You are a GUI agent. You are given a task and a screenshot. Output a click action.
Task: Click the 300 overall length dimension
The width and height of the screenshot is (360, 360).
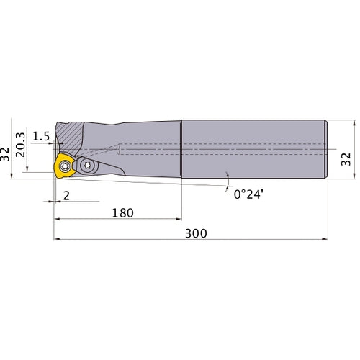196,233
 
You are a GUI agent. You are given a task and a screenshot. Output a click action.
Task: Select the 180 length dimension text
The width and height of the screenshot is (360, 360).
122,213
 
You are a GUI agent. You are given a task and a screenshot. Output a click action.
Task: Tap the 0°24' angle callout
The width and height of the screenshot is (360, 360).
248,194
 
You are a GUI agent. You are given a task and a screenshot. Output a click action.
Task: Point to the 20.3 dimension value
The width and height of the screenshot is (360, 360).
20,145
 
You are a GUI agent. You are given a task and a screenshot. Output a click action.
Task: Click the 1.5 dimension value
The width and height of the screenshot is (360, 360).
41,136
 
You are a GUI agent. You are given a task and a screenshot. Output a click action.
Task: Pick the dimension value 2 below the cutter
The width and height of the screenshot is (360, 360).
66,196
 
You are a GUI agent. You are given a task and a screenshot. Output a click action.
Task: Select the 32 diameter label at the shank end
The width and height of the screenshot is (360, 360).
346,159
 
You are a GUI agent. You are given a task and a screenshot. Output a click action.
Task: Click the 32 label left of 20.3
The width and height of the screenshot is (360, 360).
4,154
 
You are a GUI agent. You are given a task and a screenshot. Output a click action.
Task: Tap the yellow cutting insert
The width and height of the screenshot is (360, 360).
64,166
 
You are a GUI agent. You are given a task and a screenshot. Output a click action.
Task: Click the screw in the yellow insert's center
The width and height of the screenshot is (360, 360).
65,166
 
